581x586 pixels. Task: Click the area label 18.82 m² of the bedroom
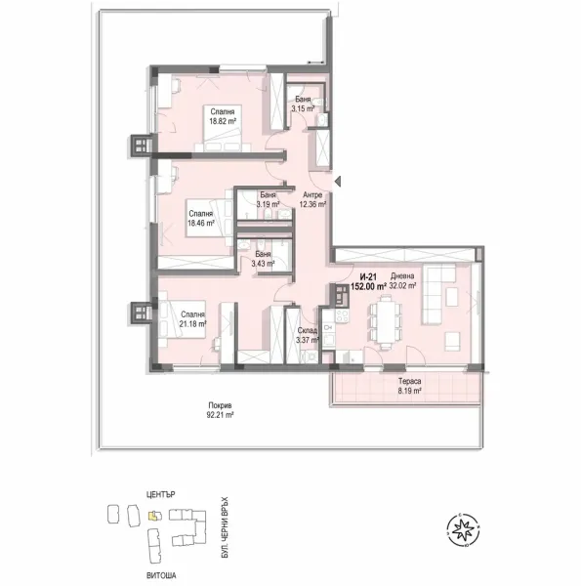[221, 124]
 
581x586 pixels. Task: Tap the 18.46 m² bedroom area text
[201, 223]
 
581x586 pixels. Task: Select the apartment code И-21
[366, 277]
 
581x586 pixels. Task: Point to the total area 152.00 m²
[368, 287]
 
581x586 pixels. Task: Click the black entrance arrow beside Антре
[338, 182]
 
